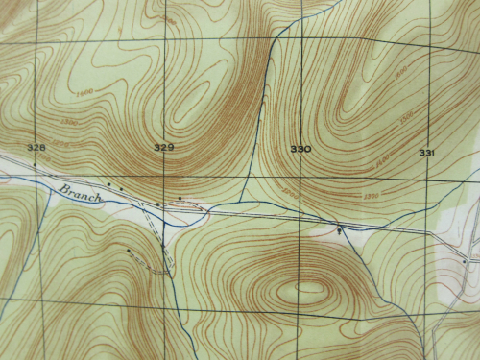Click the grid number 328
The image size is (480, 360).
(37, 147)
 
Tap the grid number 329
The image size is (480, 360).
(163, 147)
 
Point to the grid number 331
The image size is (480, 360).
(426, 153)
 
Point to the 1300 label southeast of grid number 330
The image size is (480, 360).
(371, 197)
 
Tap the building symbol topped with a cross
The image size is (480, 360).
(338, 229)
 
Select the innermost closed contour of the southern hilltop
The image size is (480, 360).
(309, 286)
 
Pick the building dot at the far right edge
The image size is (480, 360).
(464, 260)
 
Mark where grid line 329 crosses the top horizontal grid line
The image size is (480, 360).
(162, 38)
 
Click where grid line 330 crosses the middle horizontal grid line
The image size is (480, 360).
(299, 178)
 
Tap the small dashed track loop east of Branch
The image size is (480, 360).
(181, 204)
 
